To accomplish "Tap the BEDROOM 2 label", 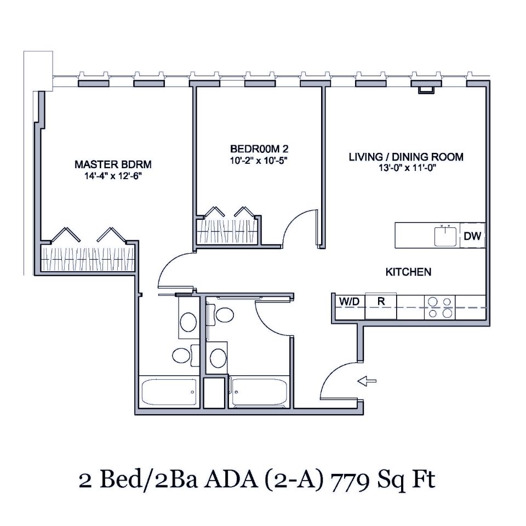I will [x=259, y=149].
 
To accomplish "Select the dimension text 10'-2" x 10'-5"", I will [x=259, y=161].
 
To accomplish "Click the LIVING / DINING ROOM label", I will [x=406, y=157].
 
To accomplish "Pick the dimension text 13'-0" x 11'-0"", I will [x=406, y=169].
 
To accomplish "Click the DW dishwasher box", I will [x=472, y=236].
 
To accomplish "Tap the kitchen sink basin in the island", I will [x=446, y=236].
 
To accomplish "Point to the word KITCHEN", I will [x=408, y=272].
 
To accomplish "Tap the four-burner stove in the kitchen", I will [x=440, y=307].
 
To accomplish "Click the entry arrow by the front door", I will [x=367, y=380].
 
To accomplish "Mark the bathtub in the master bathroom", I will [x=169, y=392].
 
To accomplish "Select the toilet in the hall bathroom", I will [x=224, y=314].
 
